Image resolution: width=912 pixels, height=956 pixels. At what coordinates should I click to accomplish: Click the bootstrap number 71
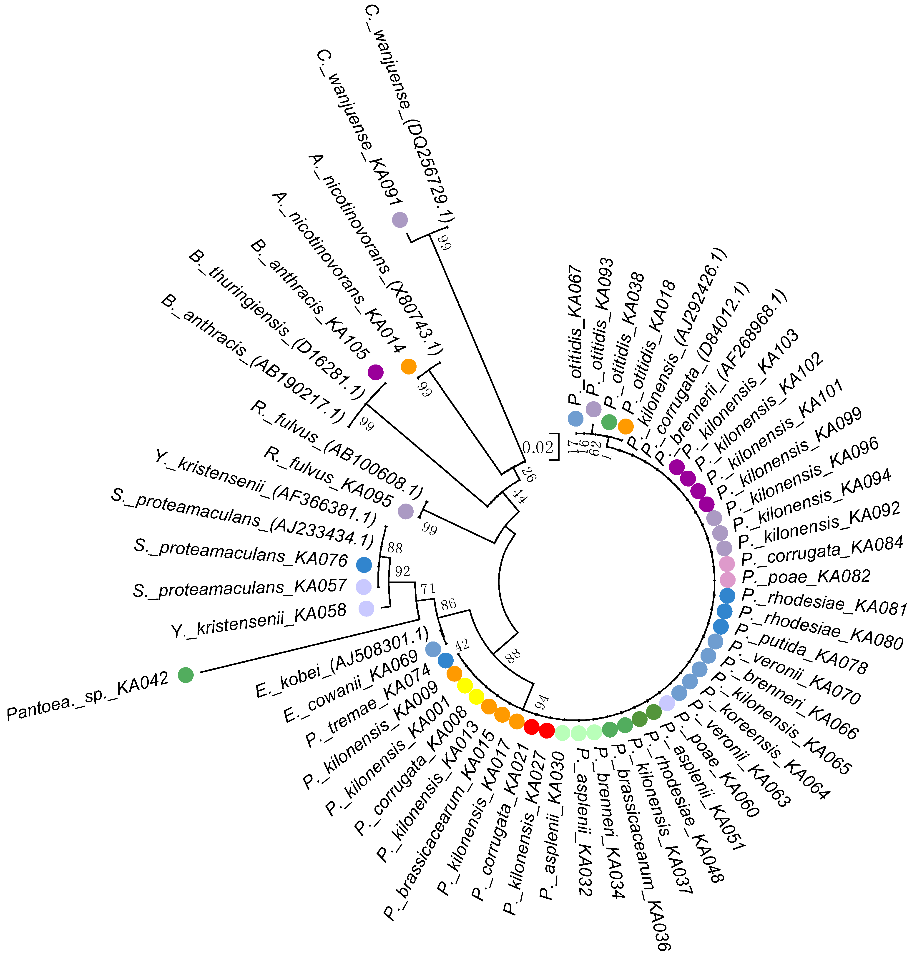pyautogui.click(x=428, y=589)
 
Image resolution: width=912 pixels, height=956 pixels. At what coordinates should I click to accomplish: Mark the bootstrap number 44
pyautogui.click(x=519, y=497)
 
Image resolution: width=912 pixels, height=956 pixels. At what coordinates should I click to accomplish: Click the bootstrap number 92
pyautogui.click(x=402, y=571)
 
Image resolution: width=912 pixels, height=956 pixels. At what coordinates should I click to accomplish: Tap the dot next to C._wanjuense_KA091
pyautogui.click(x=399, y=220)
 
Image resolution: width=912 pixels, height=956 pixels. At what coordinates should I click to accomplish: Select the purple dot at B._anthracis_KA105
pyautogui.click(x=375, y=372)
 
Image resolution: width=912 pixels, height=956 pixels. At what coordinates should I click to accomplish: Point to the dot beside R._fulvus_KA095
pyautogui.click(x=405, y=511)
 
